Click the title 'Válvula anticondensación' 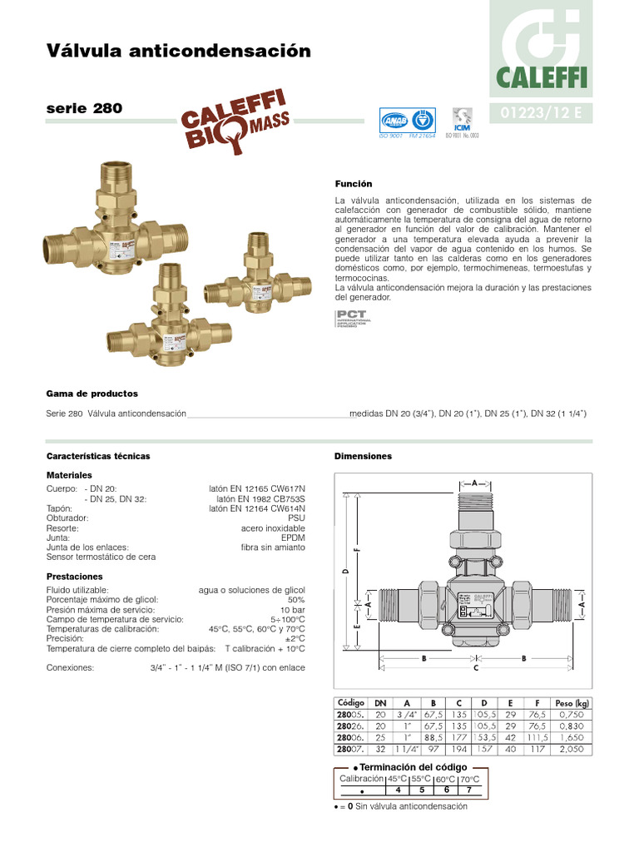pyautogui.click(x=179, y=52)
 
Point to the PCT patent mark pyautogui.click(x=352, y=318)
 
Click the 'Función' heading pyautogui.click(x=354, y=183)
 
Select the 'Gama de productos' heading pyautogui.click(x=92, y=393)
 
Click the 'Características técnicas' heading pyautogui.click(x=98, y=456)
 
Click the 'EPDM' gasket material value pyautogui.click(x=293, y=537)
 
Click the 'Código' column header pyautogui.click(x=350, y=703)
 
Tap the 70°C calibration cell pyautogui.click(x=469, y=779)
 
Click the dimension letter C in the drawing pyautogui.click(x=475, y=667)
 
